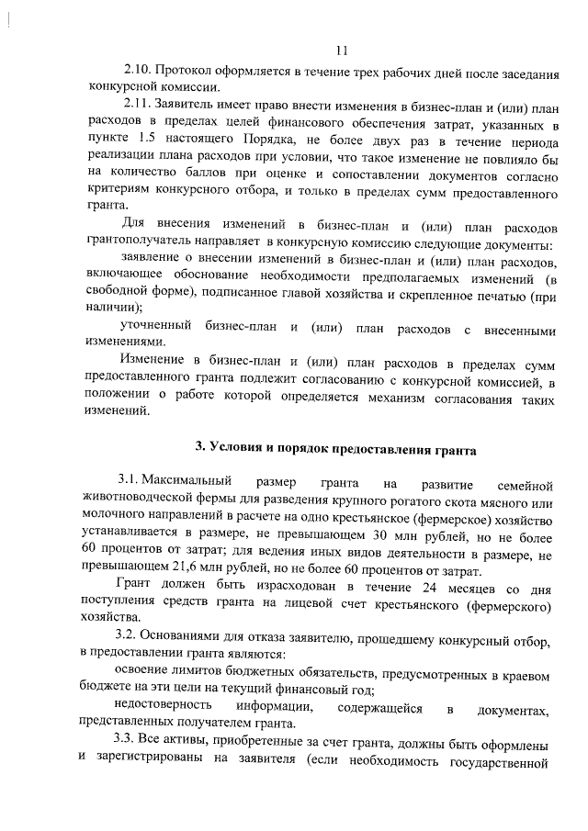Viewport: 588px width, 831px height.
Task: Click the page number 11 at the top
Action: pos(342,50)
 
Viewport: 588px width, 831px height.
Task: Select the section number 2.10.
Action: pos(138,71)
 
